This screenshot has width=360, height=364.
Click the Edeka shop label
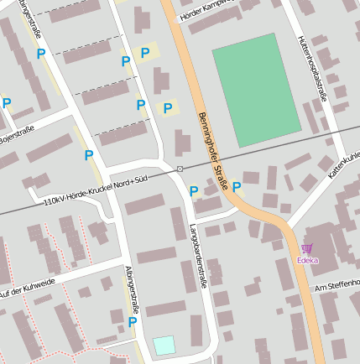pyautogui.click(x=307, y=260)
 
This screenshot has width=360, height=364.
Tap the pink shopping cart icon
pyautogui.click(x=307, y=248)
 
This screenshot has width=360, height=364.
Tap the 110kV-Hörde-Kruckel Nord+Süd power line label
pyautogui.click(x=95, y=195)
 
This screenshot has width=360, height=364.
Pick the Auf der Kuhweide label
pyautogui.click(x=27, y=288)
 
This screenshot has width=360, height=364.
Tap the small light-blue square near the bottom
pyautogui.click(x=164, y=345)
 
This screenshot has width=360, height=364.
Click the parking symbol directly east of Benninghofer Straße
pyautogui.click(x=237, y=186)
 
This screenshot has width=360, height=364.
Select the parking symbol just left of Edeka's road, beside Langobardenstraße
pyautogui.click(x=194, y=191)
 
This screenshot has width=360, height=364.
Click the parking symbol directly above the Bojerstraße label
pyautogui.click(x=7, y=103)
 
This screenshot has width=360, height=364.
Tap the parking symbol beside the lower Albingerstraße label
pyautogui.click(x=133, y=321)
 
